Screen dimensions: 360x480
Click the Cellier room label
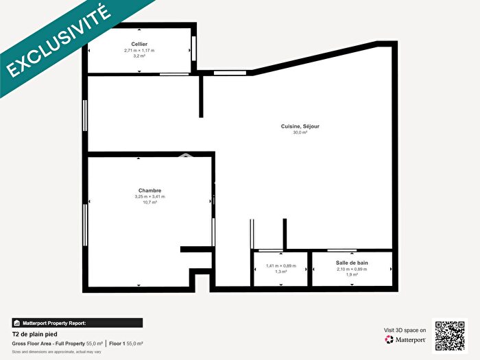coord(139,44)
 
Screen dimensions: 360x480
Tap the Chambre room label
coord(149,191)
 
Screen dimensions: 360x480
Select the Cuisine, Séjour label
coord(300,126)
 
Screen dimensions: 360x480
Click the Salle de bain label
coord(352,263)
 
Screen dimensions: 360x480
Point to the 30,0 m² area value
coord(300,132)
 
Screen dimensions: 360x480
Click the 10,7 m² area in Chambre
coord(149,203)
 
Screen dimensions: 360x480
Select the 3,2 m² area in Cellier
coord(139,56)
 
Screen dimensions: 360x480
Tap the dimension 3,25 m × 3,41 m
coord(149,197)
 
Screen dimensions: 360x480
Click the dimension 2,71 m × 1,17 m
coord(139,50)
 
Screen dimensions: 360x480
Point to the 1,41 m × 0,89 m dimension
coord(280,265)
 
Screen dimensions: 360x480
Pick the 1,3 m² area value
coord(280,272)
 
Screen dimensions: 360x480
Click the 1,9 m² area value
coord(352,274)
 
